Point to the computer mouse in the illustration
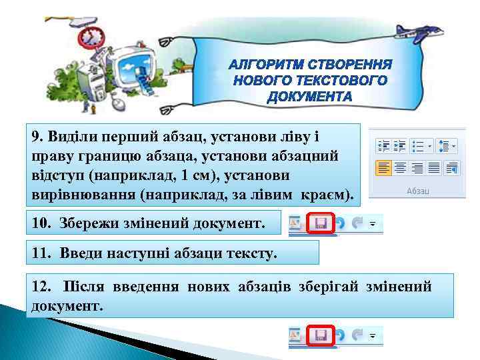point(118,103)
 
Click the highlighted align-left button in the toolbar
point(383,167)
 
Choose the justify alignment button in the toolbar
point(433,167)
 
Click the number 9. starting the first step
point(37,137)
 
